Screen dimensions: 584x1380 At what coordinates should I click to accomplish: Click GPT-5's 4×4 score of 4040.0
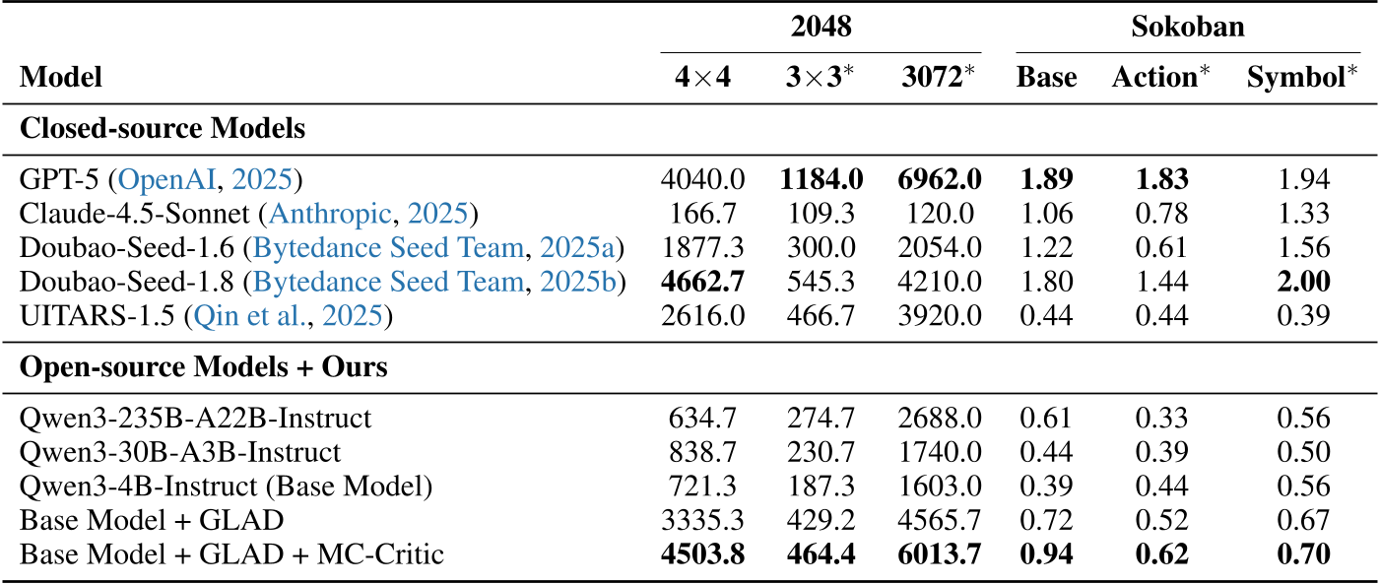click(702, 179)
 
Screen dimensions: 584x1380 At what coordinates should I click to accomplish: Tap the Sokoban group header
click(1187, 27)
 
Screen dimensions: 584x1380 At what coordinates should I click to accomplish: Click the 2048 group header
click(821, 27)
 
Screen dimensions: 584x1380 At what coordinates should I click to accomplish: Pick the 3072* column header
click(941, 78)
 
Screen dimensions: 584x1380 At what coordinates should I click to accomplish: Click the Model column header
click(61, 78)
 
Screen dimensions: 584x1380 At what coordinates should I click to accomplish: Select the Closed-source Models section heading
click(163, 128)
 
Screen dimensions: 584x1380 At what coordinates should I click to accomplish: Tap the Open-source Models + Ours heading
click(204, 367)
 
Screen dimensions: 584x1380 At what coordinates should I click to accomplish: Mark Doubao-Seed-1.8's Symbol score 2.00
click(1302, 283)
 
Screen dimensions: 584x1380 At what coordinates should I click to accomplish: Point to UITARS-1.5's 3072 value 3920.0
click(941, 316)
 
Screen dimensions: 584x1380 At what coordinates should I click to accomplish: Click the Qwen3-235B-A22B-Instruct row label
click(195, 418)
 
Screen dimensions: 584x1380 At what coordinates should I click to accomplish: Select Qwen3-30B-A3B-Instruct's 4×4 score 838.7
click(702, 452)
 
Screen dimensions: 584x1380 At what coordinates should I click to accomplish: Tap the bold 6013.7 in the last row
click(941, 554)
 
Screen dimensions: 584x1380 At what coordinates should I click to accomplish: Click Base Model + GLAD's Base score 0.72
click(1046, 520)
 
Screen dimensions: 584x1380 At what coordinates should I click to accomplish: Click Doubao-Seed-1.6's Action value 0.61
click(1162, 248)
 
